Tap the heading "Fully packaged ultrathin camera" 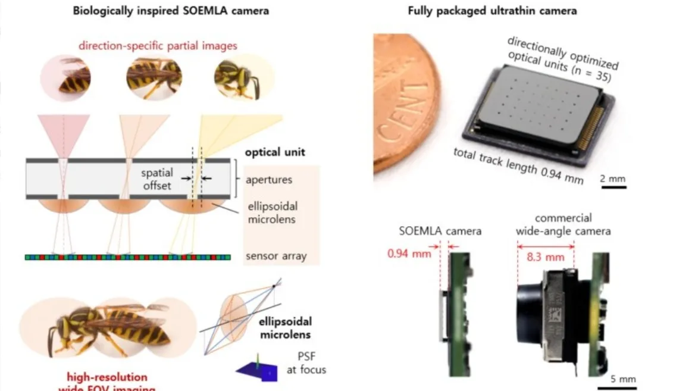coord(492,10)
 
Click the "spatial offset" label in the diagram coord(157,178)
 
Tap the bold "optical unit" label coord(275,152)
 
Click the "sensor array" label coord(276,257)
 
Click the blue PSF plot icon coord(256,370)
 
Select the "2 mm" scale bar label coord(613,177)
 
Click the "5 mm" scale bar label coord(624,379)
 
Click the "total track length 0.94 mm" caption coord(518,166)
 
